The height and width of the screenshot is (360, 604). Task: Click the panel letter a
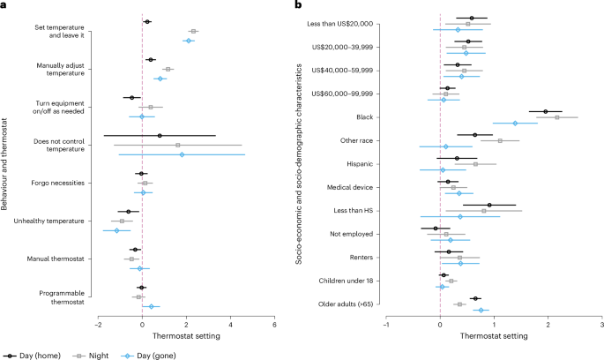click(x=5, y=7)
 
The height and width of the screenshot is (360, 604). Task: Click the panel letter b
click(x=315, y=7)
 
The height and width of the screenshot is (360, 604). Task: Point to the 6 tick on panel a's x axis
click(x=274, y=325)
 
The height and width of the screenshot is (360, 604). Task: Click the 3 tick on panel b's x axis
click(x=600, y=325)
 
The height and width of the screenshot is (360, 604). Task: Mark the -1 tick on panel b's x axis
click(x=386, y=325)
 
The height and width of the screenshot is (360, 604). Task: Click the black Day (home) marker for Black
click(x=546, y=111)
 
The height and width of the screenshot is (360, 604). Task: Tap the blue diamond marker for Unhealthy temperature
click(x=116, y=230)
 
